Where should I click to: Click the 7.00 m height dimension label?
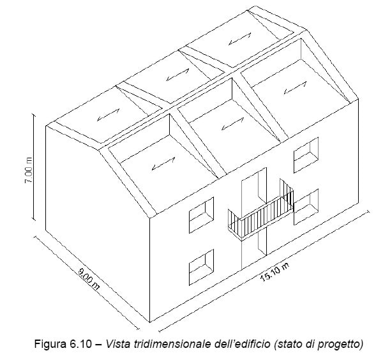tap(29, 170)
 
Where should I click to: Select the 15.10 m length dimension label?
tap(274, 271)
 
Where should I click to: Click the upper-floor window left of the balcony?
tap(202, 215)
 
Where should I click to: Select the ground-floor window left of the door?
tap(202, 267)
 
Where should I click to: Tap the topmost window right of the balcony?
tap(306, 155)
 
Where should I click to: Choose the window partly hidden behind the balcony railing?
tap(306, 207)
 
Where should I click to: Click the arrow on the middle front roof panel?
tap(232, 124)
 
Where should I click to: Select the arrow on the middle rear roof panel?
tap(177, 75)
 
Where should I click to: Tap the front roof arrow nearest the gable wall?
tap(163, 163)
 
